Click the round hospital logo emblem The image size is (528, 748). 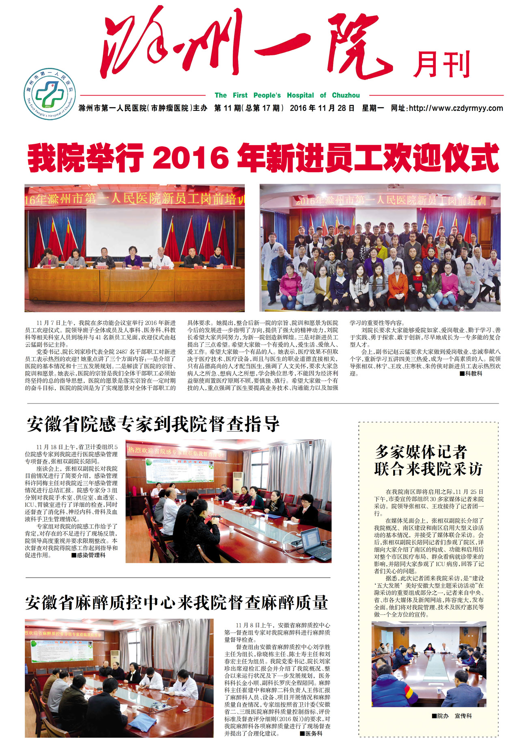50,94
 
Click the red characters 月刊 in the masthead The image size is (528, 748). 441,65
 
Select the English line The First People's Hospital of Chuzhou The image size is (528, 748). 287,95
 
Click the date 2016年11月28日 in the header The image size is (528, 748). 322,108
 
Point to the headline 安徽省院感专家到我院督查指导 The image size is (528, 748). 153,424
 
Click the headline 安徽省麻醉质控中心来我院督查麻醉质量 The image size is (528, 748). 176,603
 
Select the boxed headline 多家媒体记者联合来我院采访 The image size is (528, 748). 428,460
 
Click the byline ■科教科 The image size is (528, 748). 471,373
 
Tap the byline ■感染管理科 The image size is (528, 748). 88,555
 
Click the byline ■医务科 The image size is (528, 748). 311,733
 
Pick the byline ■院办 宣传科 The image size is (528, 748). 452,716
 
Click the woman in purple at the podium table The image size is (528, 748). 133,258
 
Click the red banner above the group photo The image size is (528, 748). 380,199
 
